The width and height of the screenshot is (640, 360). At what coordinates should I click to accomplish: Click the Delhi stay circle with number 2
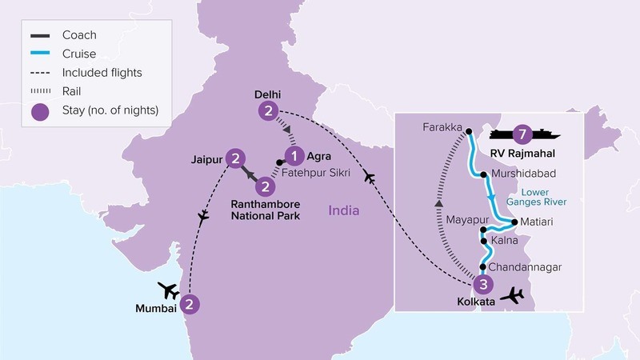click(270, 111)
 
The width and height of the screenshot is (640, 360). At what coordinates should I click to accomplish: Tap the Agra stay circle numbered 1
click(295, 156)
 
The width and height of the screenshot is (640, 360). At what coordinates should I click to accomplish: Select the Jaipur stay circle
click(235, 158)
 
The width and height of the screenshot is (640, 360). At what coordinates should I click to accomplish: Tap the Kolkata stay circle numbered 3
click(482, 284)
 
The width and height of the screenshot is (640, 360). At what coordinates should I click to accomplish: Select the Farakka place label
click(442, 128)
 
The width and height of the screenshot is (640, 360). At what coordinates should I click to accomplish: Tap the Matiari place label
click(536, 220)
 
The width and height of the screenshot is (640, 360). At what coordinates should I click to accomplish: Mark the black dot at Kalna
click(482, 239)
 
